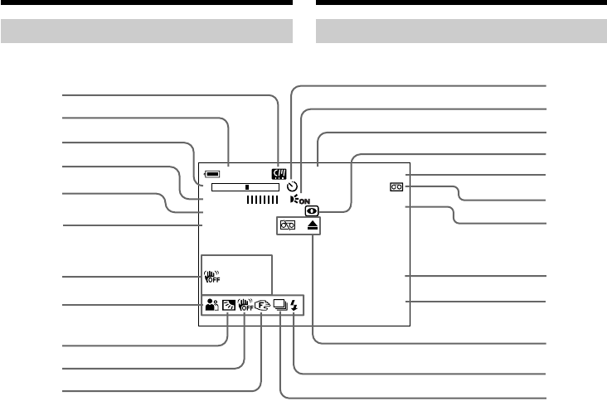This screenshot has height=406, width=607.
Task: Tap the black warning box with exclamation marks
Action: click(277, 174)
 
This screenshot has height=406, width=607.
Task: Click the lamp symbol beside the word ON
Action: click(295, 200)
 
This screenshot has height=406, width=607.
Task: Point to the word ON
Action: click(305, 201)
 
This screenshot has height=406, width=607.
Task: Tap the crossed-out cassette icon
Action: click(287, 226)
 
